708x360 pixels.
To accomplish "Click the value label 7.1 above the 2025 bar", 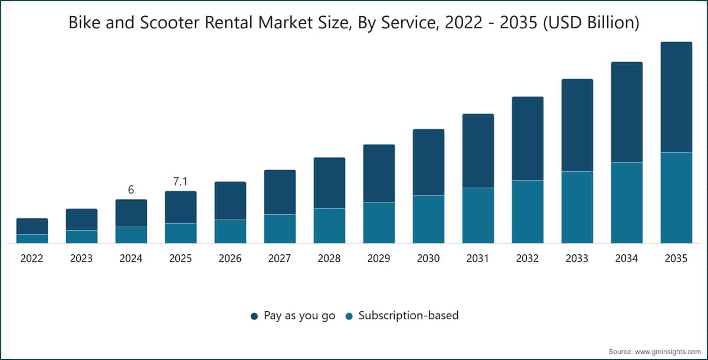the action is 180,181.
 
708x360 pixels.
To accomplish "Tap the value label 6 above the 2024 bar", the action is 131,189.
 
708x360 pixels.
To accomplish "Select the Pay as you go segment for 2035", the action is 676,97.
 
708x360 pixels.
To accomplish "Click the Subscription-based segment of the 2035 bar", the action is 676,198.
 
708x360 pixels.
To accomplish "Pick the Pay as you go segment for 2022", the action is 32,226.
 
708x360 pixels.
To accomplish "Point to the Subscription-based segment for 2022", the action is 32,239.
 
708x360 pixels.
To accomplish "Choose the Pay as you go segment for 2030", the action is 428,162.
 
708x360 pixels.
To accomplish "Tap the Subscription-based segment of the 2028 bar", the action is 329,226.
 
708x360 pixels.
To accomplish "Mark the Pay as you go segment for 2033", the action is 577,125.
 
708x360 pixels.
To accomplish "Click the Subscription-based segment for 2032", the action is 527,212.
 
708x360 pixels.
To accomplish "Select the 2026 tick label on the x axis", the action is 230,258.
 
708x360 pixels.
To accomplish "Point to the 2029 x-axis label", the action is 379,258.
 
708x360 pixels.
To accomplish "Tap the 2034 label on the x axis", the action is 627,258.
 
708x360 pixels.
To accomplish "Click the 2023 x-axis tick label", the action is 81,258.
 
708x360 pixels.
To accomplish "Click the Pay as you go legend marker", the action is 254,316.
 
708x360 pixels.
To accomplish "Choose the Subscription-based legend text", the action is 408,315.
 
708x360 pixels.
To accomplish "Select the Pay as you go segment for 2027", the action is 280,192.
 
